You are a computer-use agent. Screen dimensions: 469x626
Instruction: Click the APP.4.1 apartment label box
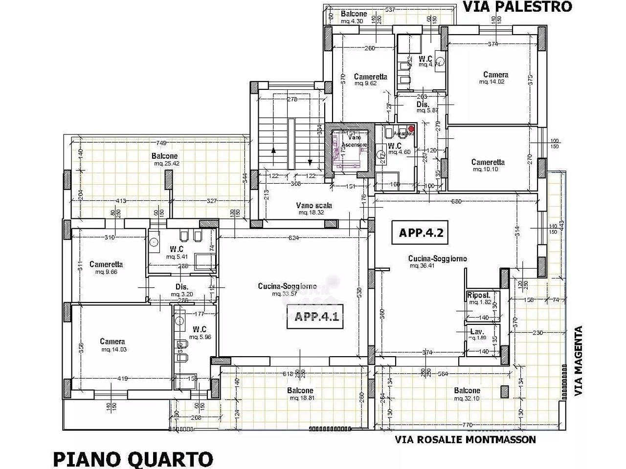click(x=316, y=316)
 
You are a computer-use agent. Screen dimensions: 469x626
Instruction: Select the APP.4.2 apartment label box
click(x=421, y=233)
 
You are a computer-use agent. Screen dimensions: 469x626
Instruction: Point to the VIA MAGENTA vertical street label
click(x=579, y=361)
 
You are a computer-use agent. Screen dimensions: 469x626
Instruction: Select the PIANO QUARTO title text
click(x=133, y=459)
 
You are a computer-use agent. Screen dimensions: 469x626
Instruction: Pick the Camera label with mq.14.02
click(x=495, y=75)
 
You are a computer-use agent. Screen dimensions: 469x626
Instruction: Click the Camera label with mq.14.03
click(x=112, y=342)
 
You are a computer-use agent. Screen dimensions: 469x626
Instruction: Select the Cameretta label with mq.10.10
click(x=488, y=162)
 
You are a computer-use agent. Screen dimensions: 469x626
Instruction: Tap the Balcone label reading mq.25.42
click(x=164, y=156)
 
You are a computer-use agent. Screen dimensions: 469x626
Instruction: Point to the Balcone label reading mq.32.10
click(x=467, y=391)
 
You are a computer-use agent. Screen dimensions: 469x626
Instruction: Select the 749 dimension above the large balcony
click(x=161, y=143)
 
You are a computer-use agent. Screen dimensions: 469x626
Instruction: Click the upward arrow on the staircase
click(x=273, y=151)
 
